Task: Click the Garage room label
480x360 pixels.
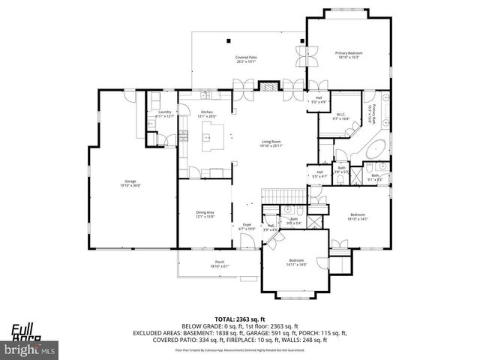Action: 131,183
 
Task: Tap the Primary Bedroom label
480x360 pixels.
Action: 349,55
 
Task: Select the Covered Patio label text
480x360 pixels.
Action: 246,59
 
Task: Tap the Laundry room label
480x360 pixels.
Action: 164,114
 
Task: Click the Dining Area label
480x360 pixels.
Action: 205,214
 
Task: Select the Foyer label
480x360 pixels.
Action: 247,226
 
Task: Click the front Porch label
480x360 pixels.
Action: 220,264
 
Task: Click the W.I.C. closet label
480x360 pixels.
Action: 340,116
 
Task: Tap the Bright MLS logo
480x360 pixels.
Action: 30,349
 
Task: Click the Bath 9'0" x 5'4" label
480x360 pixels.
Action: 295,221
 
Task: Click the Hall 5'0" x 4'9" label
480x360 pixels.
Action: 319,100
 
